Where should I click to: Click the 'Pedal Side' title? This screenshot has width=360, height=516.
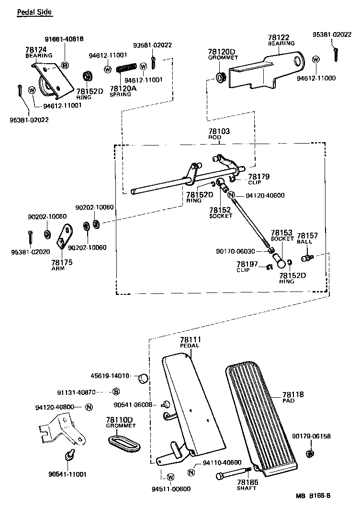tap(34, 11)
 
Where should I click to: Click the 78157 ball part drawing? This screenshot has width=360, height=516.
tap(306, 258)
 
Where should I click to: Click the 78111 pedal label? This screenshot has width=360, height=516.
tap(190, 339)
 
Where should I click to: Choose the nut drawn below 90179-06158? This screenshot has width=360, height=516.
tap(310, 453)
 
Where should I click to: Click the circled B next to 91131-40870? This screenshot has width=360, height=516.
tap(115, 392)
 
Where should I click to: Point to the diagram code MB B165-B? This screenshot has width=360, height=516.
tap(313, 495)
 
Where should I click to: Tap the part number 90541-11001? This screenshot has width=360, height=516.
tap(67, 474)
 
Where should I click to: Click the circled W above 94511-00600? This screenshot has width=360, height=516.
tap(171, 477)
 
